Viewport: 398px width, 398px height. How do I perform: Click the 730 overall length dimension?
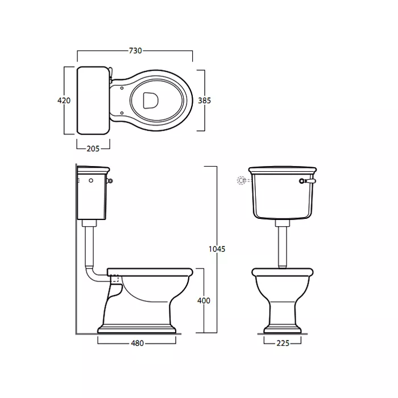(135, 51)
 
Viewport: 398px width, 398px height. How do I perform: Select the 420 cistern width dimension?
(64, 101)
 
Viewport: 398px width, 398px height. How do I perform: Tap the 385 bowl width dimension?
(204, 101)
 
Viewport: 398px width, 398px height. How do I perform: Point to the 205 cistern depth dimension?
(93, 148)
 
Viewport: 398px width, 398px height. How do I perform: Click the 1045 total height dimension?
(217, 249)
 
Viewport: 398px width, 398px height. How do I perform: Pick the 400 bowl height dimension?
(204, 301)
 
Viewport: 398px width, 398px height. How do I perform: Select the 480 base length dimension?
(138, 343)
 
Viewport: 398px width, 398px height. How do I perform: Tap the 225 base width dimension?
(283, 343)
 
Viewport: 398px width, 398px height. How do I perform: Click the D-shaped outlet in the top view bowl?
(151, 100)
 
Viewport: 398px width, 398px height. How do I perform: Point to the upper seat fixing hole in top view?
(122, 88)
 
